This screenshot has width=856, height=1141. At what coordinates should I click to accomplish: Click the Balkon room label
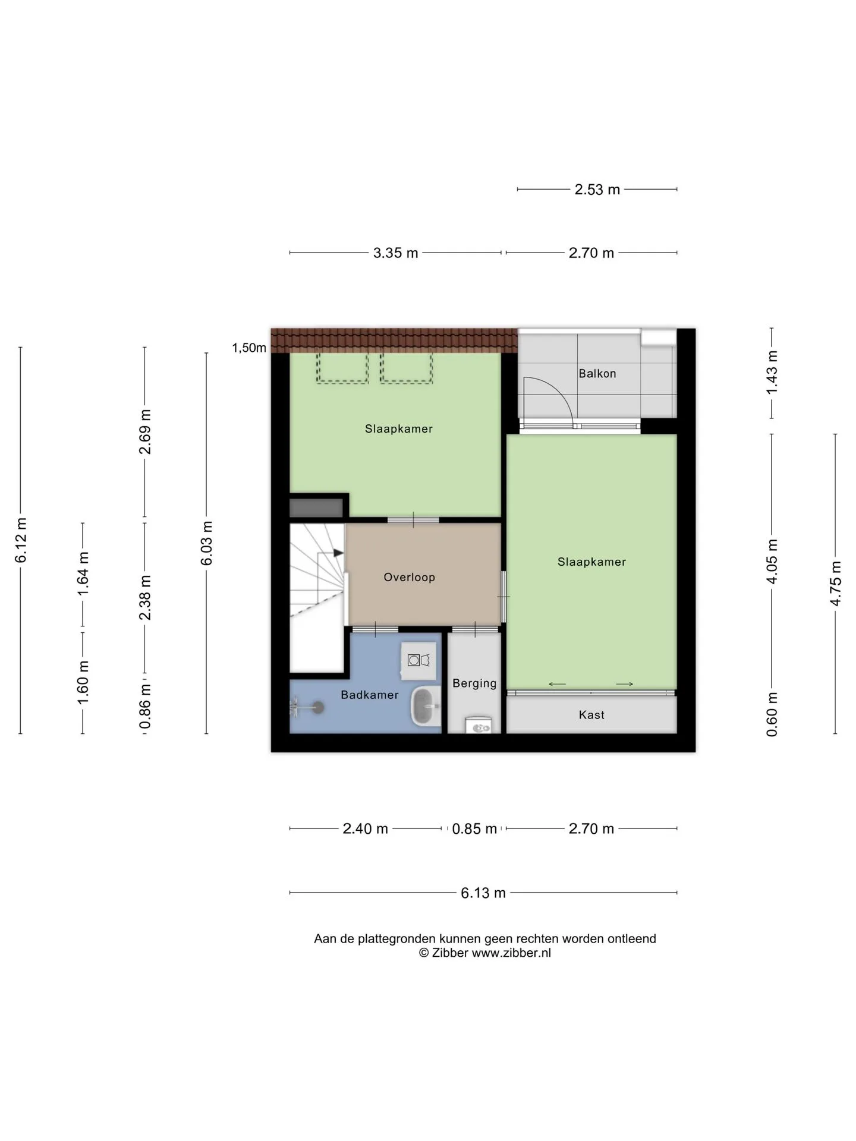pyautogui.click(x=597, y=373)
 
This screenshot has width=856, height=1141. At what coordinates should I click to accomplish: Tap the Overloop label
pyautogui.click(x=409, y=577)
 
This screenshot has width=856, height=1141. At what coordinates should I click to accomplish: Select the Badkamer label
pyautogui.click(x=369, y=695)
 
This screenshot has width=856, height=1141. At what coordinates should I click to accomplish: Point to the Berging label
pyautogui.click(x=474, y=683)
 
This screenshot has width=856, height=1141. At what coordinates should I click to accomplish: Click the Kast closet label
pyautogui.click(x=591, y=715)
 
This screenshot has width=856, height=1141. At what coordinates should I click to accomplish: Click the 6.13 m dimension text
pyautogui.click(x=483, y=893)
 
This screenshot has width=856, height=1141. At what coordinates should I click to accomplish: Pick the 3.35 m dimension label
pyautogui.click(x=395, y=253)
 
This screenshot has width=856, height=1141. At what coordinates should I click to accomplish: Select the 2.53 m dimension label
pyautogui.click(x=597, y=190)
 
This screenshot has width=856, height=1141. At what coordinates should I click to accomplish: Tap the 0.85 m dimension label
pyautogui.click(x=474, y=828)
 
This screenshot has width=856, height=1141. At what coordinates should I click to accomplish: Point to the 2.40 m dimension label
pyautogui.click(x=365, y=828)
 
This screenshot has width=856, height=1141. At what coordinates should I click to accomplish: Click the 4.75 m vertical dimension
pyautogui.click(x=835, y=584)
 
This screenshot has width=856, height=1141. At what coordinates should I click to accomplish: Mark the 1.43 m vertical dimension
pyautogui.click(x=772, y=373)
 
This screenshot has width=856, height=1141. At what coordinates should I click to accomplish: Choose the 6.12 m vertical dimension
pyautogui.click(x=21, y=540)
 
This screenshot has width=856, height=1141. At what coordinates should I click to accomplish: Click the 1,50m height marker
pyautogui.click(x=249, y=348)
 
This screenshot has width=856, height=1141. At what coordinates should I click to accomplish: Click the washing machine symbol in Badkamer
pyautogui.click(x=418, y=660)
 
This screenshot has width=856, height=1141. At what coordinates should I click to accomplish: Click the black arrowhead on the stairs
pyautogui.click(x=338, y=553)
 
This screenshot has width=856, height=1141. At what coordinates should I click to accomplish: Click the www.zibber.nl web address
pyautogui.click(x=511, y=953)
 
